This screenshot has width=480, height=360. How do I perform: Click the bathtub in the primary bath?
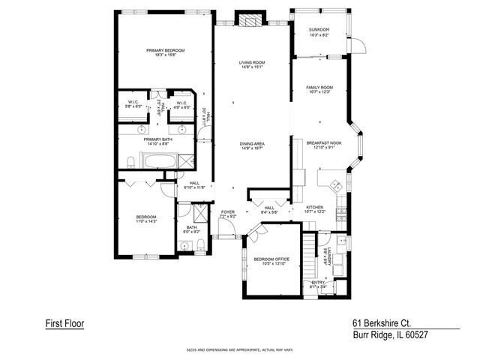[160, 160]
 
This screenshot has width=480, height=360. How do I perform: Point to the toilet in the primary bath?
[130, 160]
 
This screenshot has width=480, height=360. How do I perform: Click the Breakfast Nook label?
[324, 144]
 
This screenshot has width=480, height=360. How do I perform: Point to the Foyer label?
[227, 214]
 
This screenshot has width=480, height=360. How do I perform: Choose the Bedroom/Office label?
[271, 261]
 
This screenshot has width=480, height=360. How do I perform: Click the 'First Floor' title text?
[64, 323]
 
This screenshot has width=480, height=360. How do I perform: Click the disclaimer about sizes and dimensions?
[239, 349]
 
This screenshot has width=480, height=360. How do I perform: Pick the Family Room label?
[319, 89]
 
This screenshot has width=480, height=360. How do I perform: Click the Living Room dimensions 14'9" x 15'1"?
[253, 67]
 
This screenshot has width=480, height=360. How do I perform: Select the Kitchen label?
[315, 209]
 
